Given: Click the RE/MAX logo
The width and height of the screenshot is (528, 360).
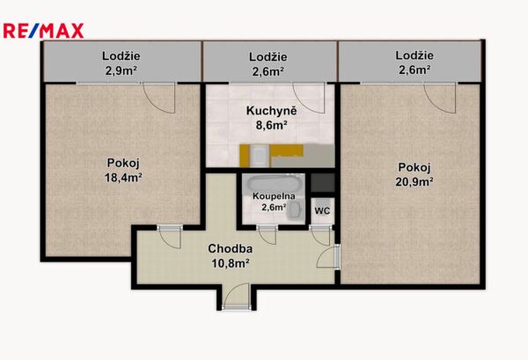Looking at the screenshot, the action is [x=43, y=31].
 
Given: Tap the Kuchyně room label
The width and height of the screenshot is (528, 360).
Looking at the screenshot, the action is [x=271, y=111].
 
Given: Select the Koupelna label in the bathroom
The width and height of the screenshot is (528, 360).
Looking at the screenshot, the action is [x=274, y=196].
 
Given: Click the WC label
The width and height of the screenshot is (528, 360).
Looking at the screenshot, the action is [x=322, y=211].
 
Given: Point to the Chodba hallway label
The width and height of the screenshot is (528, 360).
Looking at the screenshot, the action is [x=231, y=248].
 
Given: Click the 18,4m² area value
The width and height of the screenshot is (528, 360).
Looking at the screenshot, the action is [x=123, y=177].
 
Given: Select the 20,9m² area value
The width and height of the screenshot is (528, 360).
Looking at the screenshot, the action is [x=414, y=181].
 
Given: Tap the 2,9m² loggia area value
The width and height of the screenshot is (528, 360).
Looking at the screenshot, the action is [x=121, y=70].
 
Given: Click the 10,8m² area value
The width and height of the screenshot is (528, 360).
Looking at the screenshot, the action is [x=231, y=263].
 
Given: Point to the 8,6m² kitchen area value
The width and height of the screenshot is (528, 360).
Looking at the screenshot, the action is [x=271, y=125].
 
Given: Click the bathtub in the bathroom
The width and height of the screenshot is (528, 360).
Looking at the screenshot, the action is [x=273, y=184].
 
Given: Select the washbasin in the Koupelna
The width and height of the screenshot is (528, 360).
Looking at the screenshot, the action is [x=295, y=210].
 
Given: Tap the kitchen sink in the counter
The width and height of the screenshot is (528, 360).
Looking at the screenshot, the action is [x=260, y=156].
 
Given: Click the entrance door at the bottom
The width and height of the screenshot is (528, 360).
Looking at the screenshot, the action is [x=236, y=297].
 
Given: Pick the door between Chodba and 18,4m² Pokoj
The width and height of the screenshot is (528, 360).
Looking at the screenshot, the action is [x=171, y=237].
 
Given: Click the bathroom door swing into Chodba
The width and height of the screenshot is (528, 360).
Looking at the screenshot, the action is [x=267, y=235].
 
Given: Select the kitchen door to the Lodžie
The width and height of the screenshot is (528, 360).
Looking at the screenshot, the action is [x=309, y=98].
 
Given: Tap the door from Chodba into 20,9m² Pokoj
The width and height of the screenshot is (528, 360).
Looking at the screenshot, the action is [x=328, y=257].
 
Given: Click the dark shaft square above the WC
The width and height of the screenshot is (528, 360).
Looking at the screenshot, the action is [x=323, y=183].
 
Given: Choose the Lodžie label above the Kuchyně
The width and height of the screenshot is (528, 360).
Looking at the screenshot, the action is [x=268, y=57].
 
